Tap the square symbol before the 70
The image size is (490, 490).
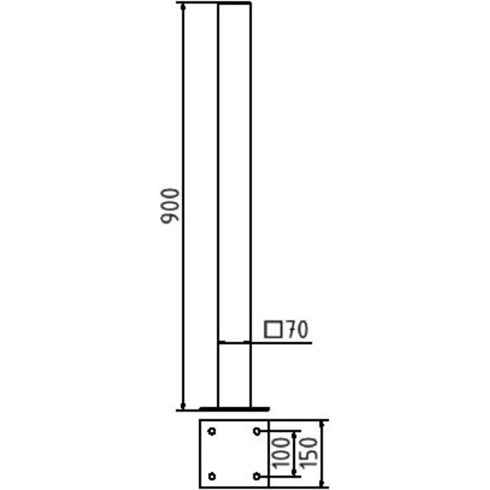[273, 329]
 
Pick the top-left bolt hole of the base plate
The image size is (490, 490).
[212, 432]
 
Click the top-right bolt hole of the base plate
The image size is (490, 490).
[258, 432]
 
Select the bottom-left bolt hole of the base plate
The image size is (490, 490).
[212, 476]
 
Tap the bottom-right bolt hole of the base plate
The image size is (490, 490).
[258, 476]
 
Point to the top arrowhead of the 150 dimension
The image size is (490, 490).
[323, 424]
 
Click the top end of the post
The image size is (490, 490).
[234, 5]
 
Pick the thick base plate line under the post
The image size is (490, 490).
[234, 409]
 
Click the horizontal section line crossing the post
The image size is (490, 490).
[234, 343]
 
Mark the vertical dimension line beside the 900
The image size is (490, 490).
[183, 113]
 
